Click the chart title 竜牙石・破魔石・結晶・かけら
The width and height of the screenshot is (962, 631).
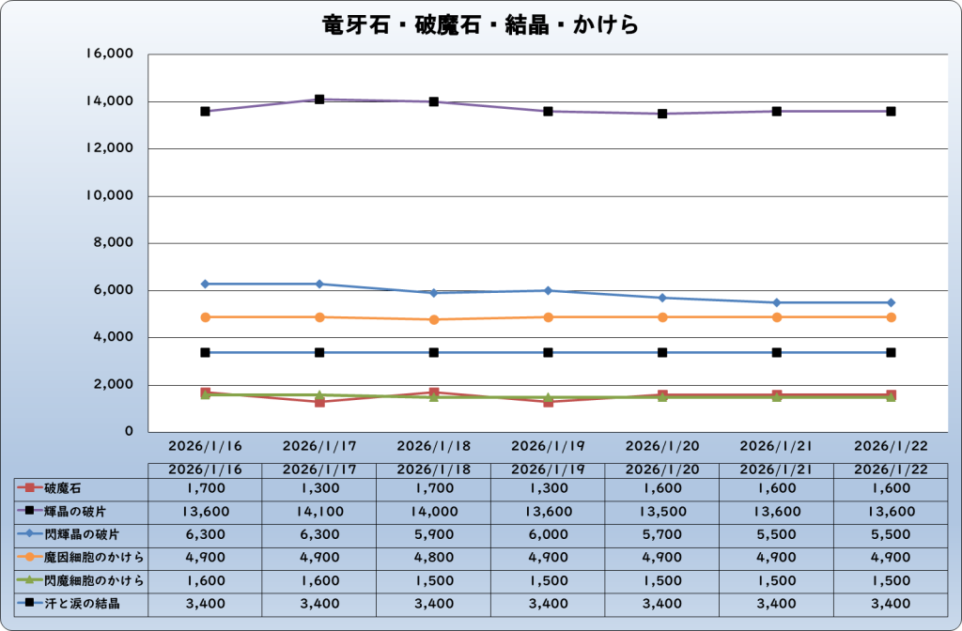pos(480,24)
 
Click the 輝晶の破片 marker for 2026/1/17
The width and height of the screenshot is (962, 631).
pos(319,100)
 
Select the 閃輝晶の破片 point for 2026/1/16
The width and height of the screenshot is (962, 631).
pos(205,284)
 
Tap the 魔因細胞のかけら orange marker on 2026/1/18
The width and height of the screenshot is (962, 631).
pos(434,319)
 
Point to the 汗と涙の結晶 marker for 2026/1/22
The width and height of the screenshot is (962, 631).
pos(891,352)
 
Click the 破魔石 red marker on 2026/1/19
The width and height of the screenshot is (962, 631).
pos(548,401)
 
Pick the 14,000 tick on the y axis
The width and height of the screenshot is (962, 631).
pos(111,101)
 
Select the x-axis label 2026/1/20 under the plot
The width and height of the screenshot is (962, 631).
pos(662,445)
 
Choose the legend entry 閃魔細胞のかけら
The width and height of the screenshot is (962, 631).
pos(82,579)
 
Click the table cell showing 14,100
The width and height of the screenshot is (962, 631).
pos(319,511)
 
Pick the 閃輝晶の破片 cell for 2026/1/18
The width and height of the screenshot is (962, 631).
pos(434,534)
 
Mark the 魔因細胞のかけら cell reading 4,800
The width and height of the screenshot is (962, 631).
pos(434,557)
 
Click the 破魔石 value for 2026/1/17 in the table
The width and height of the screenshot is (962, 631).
pos(319,488)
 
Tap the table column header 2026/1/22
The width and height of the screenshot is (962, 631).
pos(891,469)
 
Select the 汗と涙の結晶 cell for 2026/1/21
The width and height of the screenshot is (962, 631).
pos(777,603)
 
